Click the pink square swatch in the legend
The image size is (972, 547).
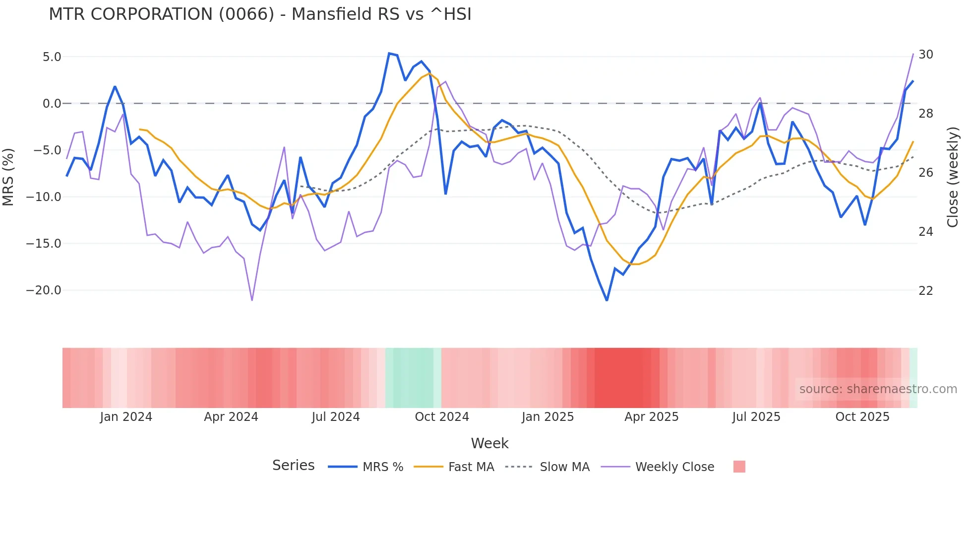tap(739, 467)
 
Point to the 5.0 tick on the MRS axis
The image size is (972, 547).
tap(52, 57)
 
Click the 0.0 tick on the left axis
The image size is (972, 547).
tap(52, 104)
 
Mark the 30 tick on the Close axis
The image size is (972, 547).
tap(925, 55)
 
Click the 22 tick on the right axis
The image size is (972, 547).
tap(925, 291)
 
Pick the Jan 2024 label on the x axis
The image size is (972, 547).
tap(126, 417)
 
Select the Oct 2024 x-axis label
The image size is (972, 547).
tap(442, 417)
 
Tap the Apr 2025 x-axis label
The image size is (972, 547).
tap(651, 417)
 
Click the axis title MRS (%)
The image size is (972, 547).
tap(8, 177)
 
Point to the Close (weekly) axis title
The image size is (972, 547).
tap(953, 177)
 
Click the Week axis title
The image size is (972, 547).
tap(489, 443)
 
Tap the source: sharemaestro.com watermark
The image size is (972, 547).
tap(878, 389)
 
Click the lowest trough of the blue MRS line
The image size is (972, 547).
tap(607, 300)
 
